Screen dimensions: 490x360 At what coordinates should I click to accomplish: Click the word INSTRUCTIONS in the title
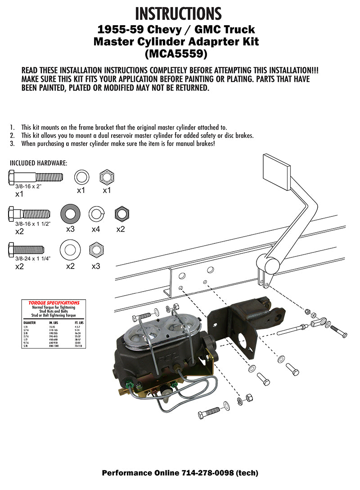(178, 13)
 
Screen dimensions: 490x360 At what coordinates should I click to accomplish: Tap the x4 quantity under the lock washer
(96, 229)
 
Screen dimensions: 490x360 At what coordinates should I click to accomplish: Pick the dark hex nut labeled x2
(120, 213)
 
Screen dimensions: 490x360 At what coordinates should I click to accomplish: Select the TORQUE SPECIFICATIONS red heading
(54, 303)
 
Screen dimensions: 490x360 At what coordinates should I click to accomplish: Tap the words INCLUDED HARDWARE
(38, 162)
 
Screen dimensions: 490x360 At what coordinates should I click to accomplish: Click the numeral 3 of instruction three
(12, 144)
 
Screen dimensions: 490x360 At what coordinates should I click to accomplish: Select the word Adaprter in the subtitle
(200, 42)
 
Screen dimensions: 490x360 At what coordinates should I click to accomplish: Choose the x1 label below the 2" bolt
(19, 194)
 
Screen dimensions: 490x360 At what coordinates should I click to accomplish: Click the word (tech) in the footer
(246, 473)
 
